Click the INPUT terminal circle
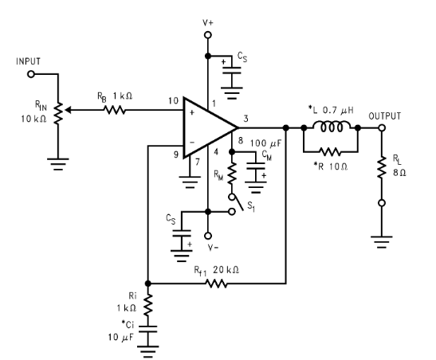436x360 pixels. point(31,74)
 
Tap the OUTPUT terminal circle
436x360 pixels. point(382,127)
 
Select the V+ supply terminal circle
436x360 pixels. point(208,35)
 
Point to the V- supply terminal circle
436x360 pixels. point(208,236)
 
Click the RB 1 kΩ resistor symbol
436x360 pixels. point(115,110)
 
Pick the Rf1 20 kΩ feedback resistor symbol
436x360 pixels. point(216,284)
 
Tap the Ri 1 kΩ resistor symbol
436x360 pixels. point(148,305)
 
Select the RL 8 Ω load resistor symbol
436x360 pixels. point(382,167)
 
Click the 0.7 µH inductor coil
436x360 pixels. point(332,127)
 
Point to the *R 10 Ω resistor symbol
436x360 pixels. point(330,151)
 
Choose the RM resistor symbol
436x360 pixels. point(232,173)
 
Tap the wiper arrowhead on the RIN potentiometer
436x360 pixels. point(68,110)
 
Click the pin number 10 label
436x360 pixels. point(173,100)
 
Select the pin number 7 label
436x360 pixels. point(198,162)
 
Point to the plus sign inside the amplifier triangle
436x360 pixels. point(191,112)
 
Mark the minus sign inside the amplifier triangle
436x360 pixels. point(192,143)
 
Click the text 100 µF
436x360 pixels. point(266,143)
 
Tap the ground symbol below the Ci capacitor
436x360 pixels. point(148,351)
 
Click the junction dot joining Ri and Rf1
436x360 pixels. point(148,284)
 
